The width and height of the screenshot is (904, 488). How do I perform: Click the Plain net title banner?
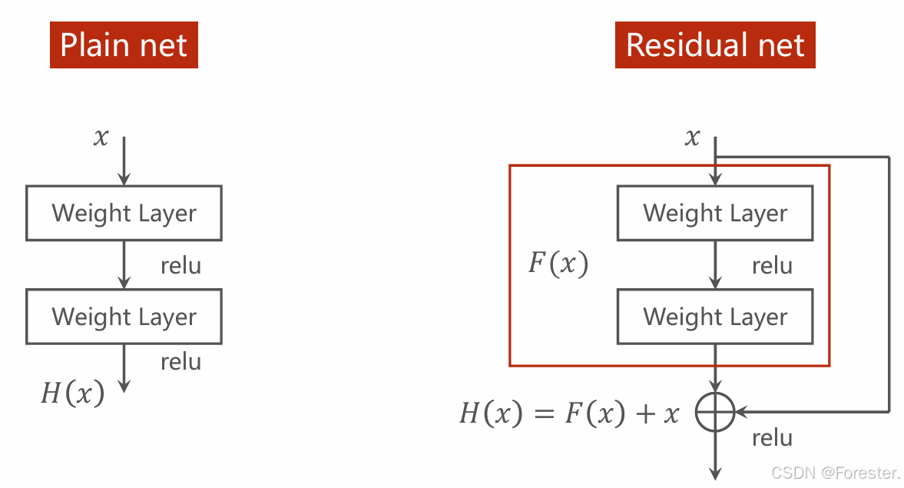(x=124, y=45)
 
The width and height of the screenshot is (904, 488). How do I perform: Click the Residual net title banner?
(x=714, y=45)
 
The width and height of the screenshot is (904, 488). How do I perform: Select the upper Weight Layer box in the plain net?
(x=124, y=213)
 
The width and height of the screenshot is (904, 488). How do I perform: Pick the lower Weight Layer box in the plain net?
(x=124, y=317)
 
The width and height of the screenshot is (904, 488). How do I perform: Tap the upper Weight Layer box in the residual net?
(x=715, y=213)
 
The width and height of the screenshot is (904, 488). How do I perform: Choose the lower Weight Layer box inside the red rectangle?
(x=715, y=317)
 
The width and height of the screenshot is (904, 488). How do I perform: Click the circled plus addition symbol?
(x=715, y=413)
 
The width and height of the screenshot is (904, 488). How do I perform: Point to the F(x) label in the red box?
(x=558, y=264)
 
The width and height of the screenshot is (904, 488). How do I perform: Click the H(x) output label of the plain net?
(x=72, y=393)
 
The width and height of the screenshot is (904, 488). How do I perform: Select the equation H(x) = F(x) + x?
(x=570, y=414)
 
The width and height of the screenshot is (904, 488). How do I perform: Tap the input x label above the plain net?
(x=101, y=138)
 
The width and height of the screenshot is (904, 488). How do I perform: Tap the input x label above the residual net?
(x=692, y=138)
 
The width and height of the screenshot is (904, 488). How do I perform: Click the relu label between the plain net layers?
(x=180, y=266)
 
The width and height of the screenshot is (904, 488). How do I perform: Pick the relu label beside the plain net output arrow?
(x=180, y=362)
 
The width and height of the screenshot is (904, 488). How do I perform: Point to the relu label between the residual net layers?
(x=772, y=266)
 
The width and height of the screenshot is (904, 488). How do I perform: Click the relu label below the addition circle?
(x=772, y=438)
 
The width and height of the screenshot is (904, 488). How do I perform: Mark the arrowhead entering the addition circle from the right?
(x=741, y=413)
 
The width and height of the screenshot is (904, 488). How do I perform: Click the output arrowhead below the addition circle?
(x=715, y=475)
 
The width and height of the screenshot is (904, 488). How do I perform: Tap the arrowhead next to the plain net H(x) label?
(x=124, y=387)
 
